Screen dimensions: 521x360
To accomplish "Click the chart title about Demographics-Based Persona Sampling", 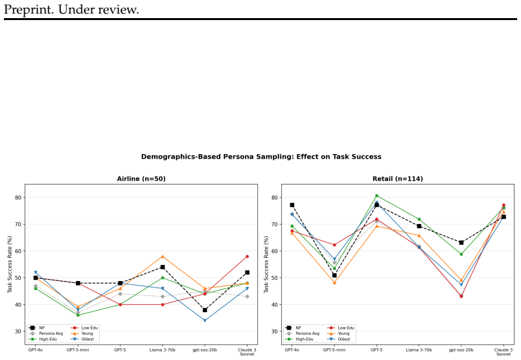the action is click(261, 157).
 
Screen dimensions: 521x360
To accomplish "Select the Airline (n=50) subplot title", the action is click(141, 179).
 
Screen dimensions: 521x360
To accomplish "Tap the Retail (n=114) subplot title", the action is click(398, 179).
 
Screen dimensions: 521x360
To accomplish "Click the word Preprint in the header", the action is click(29, 10).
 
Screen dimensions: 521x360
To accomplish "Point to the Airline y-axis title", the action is click(10, 264).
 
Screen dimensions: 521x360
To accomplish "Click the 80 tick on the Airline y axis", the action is click(17, 197).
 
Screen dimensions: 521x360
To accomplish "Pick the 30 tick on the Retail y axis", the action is click(274, 332).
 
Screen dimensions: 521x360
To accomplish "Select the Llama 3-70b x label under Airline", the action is click(163, 350).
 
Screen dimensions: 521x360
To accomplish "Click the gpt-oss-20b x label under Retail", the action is click(461, 350).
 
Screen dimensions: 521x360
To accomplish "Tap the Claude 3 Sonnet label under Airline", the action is click(247, 352).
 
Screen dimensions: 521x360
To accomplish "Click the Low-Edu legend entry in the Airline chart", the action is click(84, 328).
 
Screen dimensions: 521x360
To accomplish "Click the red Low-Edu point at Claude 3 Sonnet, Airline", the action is click(247, 256).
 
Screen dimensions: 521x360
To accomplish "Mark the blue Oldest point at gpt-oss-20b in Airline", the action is click(205, 321).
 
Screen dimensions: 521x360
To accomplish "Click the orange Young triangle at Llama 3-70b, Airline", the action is click(163, 256).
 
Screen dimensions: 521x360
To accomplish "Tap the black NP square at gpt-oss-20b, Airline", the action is click(205, 310).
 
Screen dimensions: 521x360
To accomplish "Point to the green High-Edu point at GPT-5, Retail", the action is click(376, 196).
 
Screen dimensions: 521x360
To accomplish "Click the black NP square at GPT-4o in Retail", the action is click(292, 205).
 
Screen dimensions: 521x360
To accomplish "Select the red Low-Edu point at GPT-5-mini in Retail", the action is click(334, 245).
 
